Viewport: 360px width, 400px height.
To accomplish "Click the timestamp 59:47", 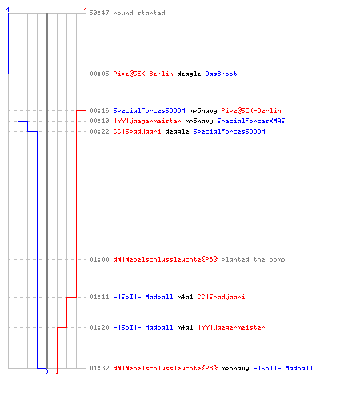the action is [x=99, y=13].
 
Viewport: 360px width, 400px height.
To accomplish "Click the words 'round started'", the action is [x=139, y=13].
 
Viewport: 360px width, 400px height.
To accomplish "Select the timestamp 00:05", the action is [x=99, y=74].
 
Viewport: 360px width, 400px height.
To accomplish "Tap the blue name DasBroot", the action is [x=221, y=74].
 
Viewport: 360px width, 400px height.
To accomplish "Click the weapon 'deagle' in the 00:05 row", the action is [x=189, y=74].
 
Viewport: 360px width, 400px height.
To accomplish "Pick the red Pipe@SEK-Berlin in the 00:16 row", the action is [x=251, y=110].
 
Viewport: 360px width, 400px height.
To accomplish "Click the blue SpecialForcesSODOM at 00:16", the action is [x=149, y=110].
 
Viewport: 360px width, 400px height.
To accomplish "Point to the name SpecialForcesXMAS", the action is [x=251, y=121].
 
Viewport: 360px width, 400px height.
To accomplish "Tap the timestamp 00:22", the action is [x=99, y=131].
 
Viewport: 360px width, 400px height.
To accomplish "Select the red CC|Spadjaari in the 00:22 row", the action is [x=137, y=131].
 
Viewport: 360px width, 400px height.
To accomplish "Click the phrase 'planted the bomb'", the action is [x=253, y=259].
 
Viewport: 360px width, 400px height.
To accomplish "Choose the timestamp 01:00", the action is [x=99, y=259].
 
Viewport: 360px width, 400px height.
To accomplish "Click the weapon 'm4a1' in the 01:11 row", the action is [x=185, y=297].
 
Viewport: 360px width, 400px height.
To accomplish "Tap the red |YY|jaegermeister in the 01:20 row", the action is [x=231, y=327].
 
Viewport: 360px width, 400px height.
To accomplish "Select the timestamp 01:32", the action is [x=99, y=368].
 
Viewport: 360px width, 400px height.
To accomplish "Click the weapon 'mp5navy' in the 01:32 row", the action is [x=235, y=369].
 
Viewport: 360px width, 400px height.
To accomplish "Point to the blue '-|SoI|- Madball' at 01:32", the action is [x=283, y=368].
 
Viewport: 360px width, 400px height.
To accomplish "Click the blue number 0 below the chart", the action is [x=47, y=371].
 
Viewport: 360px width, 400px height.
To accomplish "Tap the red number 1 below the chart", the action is [x=57, y=371].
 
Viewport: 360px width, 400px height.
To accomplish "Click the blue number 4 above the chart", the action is [x=8, y=10].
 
